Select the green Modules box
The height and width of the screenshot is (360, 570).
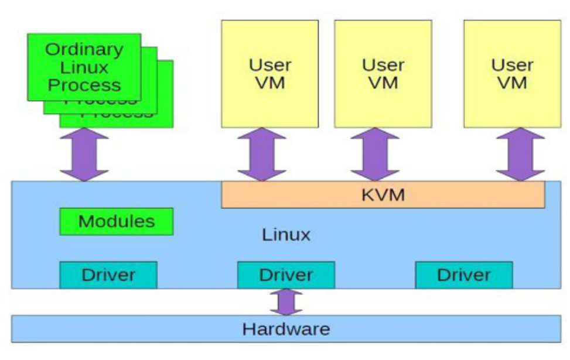click(x=117, y=222)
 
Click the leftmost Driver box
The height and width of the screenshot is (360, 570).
click(x=108, y=275)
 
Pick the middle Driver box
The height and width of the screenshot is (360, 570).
click(x=286, y=275)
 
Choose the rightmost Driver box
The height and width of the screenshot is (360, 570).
click(x=464, y=275)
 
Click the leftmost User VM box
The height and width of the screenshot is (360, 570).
click(x=270, y=73)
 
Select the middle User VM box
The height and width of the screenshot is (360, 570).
click(x=383, y=73)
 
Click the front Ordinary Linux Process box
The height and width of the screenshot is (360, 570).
click(x=84, y=66)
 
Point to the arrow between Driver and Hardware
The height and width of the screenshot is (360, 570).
click(x=286, y=302)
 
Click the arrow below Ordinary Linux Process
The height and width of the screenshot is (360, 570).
click(x=84, y=154)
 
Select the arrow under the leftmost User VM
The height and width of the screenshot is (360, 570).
click(x=262, y=154)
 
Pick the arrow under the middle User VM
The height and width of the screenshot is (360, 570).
click(x=375, y=154)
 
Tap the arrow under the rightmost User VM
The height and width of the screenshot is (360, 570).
click(x=520, y=154)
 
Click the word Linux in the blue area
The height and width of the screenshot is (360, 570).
click(x=286, y=235)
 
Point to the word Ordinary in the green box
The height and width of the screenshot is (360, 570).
click(x=84, y=49)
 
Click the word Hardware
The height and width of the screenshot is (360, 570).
click(x=286, y=328)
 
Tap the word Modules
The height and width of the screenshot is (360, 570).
click(x=117, y=222)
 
